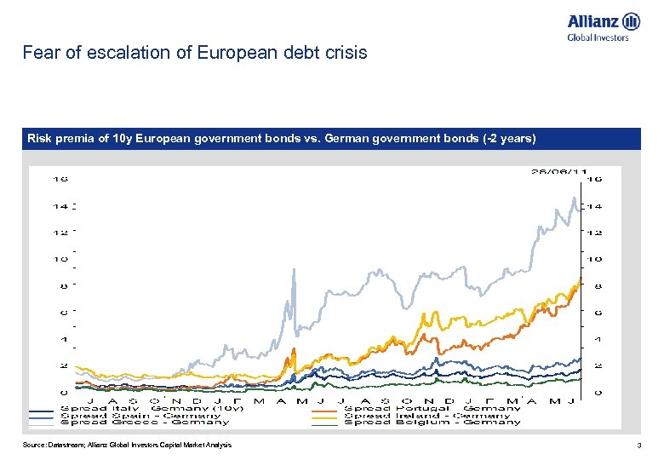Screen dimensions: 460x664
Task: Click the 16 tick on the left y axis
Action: pos(60,180)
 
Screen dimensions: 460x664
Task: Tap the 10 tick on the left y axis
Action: pos(60,259)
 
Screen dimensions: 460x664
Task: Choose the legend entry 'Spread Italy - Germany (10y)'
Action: pos(152,408)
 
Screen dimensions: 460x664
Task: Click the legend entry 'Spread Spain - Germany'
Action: pos(140,415)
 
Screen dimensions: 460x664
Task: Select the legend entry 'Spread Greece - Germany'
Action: pos(141,423)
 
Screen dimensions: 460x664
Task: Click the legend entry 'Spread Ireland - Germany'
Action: pos(426,415)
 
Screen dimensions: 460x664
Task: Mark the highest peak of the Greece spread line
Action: pos(571,198)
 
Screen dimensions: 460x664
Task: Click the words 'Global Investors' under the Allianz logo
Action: pos(598,37)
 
